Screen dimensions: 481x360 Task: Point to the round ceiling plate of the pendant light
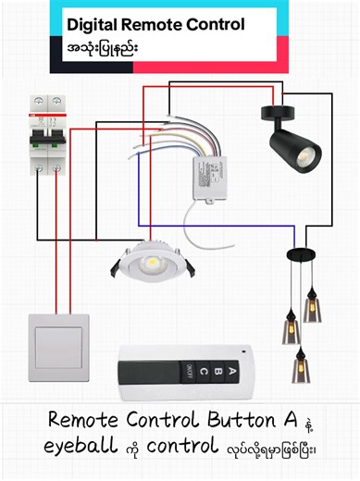click(298, 252)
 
